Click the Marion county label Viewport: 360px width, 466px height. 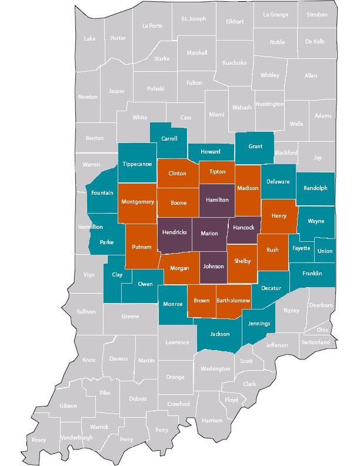pyautogui.click(x=209, y=232)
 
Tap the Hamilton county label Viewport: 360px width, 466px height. pyautogui.click(x=217, y=200)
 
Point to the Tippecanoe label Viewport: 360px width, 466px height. pyautogui.click(x=137, y=164)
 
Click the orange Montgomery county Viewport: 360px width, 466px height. pyautogui.click(x=138, y=202)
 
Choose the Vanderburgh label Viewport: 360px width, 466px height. pyautogui.click(x=76, y=438)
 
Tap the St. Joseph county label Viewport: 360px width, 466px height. pyautogui.click(x=194, y=19)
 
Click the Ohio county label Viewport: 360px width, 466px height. pyautogui.click(x=323, y=330)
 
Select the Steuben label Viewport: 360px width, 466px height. pyautogui.click(x=317, y=15)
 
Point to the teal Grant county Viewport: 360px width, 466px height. pyautogui.click(x=255, y=147)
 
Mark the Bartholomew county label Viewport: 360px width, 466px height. pyautogui.click(x=234, y=301)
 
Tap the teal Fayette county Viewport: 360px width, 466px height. pyautogui.click(x=301, y=248)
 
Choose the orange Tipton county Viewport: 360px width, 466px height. pyautogui.click(x=217, y=172)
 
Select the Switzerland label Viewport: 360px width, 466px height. pyautogui.click(x=315, y=342)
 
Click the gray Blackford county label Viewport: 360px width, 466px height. pyautogui.click(x=286, y=152)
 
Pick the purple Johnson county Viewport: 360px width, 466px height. pyautogui.click(x=214, y=267)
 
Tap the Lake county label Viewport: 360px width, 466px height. pyautogui.click(x=90, y=39)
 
